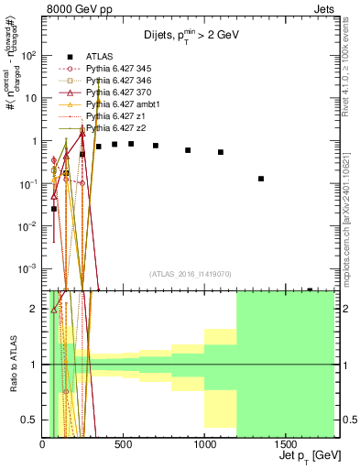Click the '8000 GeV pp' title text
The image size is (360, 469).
tap(79, 10)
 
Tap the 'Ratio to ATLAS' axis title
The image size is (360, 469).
tap(13, 364)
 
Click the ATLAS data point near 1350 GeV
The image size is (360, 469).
tap(261, 179)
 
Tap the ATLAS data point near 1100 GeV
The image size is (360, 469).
tap(221, 152)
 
